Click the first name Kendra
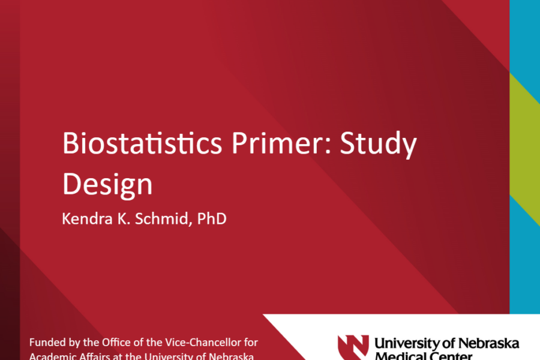click(x=82, y=218)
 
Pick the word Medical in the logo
click(x=399, y=356)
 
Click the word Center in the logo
click(x=450, y=356)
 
